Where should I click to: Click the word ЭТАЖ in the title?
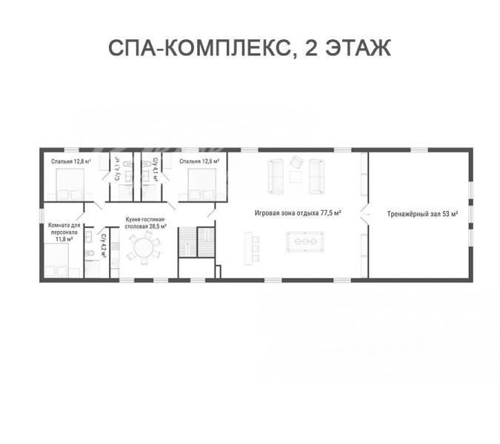pos(358,48)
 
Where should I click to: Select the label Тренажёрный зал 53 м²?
pos(422,214)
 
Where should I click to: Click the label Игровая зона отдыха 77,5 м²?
pos(298,213)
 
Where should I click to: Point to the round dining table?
pos(144,247)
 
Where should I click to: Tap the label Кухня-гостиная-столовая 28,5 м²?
pos(146,223)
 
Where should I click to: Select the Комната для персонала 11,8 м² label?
pos(64,232)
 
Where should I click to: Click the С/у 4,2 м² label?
pos(103,246)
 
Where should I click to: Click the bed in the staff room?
pos(56,260)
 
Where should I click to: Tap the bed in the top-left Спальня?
pos(70,185)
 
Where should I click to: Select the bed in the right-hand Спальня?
pos(201,185)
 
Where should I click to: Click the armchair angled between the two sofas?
pos(296,162)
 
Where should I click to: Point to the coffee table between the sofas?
pos(296,177)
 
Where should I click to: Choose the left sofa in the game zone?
pos(276,176)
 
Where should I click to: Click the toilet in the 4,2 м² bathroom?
pos(90,253)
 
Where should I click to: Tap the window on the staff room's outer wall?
pos(41,215)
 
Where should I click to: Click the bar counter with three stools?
pos(248,249)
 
